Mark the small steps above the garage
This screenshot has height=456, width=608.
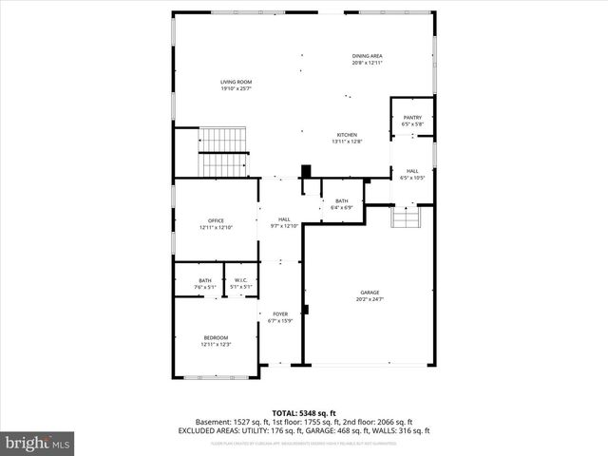click(x=406, y=219)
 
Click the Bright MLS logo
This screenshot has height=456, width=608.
click(x=38, y=443)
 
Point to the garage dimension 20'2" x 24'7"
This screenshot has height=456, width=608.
click(x=370, y=299)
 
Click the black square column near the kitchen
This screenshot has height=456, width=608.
click(x=306, y=172)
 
